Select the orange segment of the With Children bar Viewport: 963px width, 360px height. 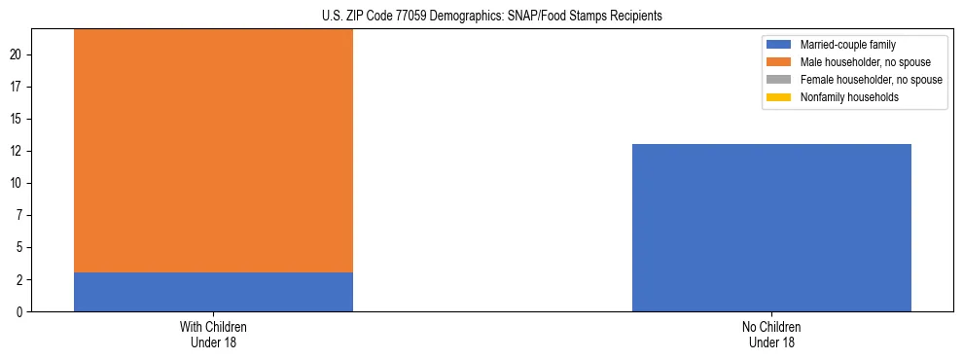coord(213,150)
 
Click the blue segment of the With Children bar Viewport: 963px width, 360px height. coord(213,292)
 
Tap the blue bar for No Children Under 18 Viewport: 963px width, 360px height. coord(771,228)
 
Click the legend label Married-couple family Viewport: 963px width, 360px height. coord(847,45)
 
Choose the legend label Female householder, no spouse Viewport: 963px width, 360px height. coord(871,80)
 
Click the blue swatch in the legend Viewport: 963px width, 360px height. coord(779,45)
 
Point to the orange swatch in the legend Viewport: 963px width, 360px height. coord(779,62)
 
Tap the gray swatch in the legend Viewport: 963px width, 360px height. coord(779,80)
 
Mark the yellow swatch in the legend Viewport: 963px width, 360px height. coord(779,97)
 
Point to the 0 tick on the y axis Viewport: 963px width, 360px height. coord(19,312)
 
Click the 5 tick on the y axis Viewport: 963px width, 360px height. coord(19,248)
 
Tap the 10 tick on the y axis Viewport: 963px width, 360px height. coord(17,184)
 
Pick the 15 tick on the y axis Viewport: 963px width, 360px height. coord(17,120)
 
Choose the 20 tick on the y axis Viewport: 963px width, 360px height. coord(17,55)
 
